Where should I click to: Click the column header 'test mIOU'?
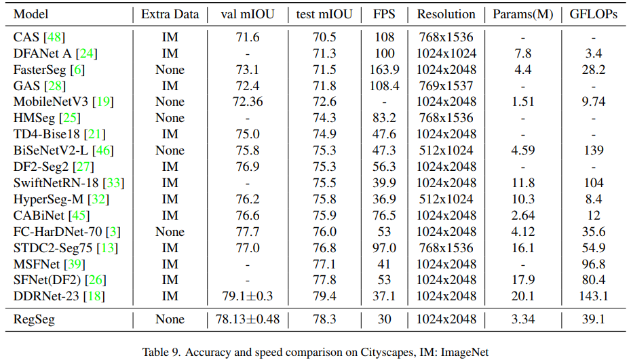point(324,14)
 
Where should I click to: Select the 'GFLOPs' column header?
point(594,14)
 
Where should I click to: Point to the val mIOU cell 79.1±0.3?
point(247,296)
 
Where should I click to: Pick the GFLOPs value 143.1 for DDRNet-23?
point(594,296)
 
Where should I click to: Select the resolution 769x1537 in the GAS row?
point(446,85)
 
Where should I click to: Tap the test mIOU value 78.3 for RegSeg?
point(324,319)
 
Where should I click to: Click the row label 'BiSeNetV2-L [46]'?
point(62,151)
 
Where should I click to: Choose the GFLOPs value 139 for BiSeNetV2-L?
point(594,151)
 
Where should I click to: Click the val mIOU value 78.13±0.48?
point(247,319)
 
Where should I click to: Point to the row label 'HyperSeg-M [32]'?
point(61,199)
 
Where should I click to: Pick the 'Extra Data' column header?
point(171,14)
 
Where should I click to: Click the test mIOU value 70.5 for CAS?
point(324,37)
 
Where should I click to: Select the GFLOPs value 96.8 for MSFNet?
point(594,264)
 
